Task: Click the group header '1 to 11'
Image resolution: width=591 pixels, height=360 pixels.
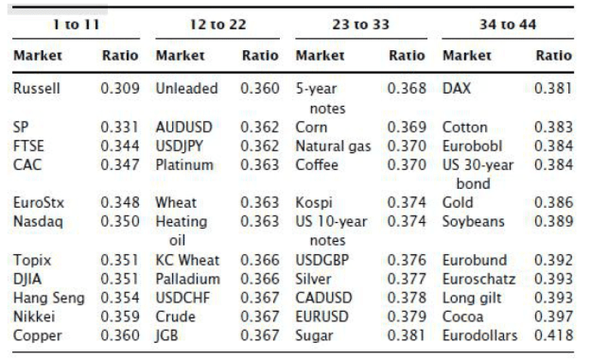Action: [77, 25]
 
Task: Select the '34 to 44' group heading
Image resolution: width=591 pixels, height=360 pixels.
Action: [508, 25]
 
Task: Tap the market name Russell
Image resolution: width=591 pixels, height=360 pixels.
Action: [37, 89]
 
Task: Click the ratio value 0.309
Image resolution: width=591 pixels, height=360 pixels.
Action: [120, 89]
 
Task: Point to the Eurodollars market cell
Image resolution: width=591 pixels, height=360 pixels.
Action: [479, 335]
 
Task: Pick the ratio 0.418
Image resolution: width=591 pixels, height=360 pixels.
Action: [554, 335]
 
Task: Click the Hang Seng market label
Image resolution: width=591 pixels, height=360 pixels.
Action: [49, 299]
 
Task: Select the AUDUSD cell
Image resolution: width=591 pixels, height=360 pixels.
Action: [184, 128]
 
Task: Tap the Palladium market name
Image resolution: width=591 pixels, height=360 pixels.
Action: [188, 279]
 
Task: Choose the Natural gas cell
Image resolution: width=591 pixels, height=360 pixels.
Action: [333, 146]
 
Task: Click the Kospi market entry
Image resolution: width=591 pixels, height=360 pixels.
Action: [314, 203]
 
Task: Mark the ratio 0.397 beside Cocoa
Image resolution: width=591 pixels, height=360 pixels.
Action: [554, 317]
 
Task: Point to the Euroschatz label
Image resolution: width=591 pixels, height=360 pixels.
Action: [478, 279]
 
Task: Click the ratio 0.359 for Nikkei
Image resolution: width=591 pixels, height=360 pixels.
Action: [120, 317]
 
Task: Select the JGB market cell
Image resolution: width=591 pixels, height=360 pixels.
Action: [166, 335]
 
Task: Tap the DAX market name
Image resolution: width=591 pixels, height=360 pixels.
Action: [457, 89]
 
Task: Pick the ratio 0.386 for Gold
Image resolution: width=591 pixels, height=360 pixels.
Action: [554, 202]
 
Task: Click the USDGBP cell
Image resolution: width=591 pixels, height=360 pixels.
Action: [322, 260]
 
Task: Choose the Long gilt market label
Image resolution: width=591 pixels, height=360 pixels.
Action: [472, 299]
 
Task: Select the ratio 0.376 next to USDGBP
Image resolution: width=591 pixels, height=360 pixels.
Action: [407, 260]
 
